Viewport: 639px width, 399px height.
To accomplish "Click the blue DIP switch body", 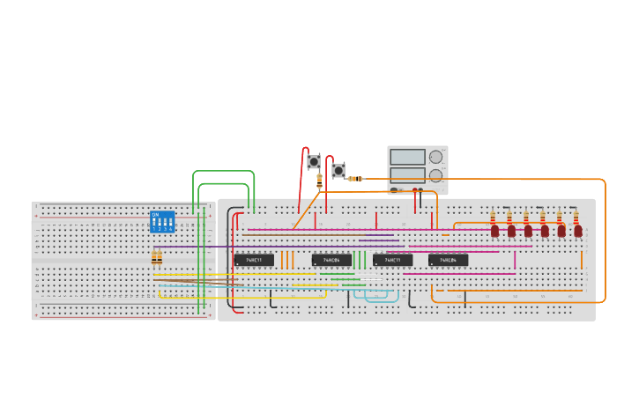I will (162, 221).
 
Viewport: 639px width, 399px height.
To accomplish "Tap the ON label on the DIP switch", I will (155, 214).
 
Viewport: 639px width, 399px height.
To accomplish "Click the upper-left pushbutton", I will (313, 162).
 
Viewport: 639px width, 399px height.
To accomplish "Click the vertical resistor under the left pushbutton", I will (319, 180).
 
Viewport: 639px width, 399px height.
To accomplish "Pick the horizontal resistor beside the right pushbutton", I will (355, 179).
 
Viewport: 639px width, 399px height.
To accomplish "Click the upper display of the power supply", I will (407, 157).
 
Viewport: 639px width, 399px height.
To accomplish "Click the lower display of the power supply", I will (407, 174).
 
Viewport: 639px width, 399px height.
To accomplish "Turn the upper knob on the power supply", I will (435, 157).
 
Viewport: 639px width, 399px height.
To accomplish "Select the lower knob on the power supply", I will (435, 175).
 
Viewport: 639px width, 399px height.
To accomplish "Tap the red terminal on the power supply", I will (420, 190).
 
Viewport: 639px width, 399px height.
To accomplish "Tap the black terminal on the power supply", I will (413, 190).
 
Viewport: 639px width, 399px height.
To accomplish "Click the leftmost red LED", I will (494, 231).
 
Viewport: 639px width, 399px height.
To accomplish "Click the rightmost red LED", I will (578, 231).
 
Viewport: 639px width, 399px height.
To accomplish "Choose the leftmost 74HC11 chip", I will (254, 260).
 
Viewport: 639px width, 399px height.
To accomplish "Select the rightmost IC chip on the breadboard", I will (448, 260).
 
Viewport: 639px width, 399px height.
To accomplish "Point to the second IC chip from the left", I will (331, 260).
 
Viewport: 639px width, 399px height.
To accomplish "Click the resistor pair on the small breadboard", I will (157, 257).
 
